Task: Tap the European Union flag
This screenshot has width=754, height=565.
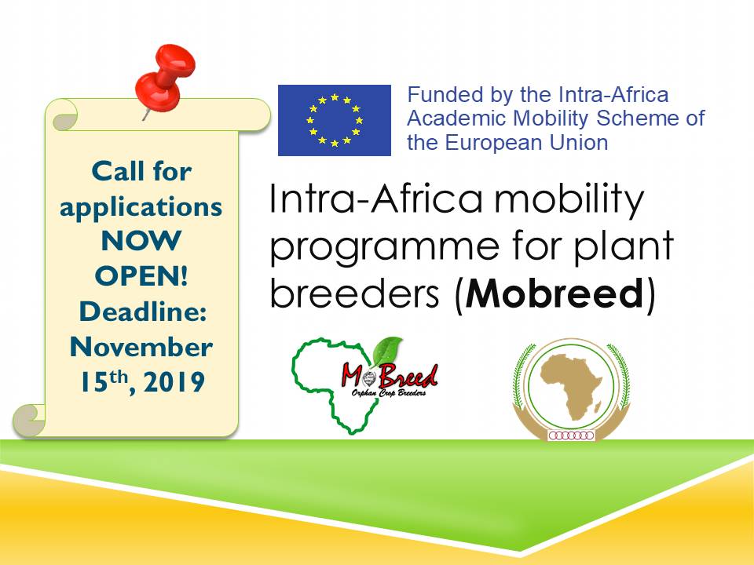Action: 335,120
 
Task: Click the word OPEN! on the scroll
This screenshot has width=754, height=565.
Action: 141,276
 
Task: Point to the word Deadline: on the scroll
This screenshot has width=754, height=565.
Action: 143,312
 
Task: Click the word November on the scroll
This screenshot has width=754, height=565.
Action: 141,347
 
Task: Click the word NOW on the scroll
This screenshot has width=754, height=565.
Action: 141,241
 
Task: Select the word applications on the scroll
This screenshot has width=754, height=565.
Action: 141,207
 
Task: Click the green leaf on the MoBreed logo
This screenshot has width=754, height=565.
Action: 387,352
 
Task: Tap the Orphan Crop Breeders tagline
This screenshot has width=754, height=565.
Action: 389,393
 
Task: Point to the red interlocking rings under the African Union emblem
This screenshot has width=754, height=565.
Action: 572,436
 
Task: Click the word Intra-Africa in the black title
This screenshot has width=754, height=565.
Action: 375,199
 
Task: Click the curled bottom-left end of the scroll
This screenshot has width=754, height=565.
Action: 29,419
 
